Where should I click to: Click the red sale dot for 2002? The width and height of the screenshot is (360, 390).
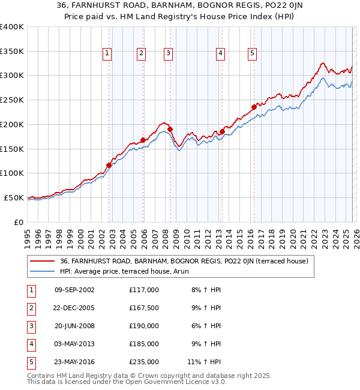(x=109, y=165)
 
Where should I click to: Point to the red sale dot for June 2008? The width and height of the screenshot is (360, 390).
(x=170, y=129)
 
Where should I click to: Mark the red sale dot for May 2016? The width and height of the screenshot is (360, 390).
(x=254, y=107)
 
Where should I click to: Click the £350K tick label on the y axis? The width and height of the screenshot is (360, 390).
(x=12, y=51)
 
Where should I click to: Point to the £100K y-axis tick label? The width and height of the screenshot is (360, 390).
(x=12, y=173)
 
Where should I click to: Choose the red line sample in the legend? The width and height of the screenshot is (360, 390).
(x=42, y=261)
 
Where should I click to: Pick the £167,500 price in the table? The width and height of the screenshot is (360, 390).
(x=144, y=308)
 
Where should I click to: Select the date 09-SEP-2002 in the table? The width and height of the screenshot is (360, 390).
(x=74, y=290)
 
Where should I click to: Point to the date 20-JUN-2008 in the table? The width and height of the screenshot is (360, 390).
(x=74, y=326)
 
